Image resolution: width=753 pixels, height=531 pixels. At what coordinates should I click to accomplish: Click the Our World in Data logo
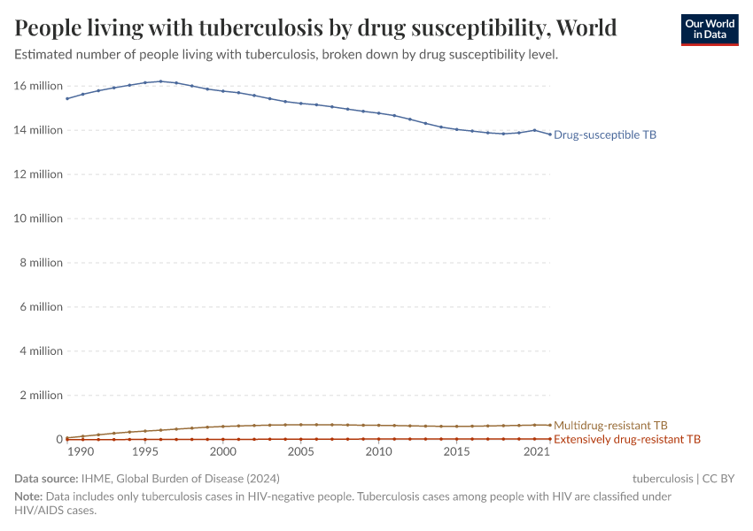pyautogui.click(x=709, y=29)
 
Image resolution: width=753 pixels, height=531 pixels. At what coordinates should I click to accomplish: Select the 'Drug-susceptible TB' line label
pyautogui.click(x=605, y=135)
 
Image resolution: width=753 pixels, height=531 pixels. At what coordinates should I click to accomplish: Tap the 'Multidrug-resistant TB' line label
pyautogui.click(x=610, y=426)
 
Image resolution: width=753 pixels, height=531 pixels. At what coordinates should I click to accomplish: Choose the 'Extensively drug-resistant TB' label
pyautogui.click(x=627, y=439)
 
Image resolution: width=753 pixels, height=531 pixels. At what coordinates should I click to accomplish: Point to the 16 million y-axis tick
pyautogui.click(x=39, y=86)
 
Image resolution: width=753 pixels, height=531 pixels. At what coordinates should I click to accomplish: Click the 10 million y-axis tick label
pyautogui.click(x=39, y=219)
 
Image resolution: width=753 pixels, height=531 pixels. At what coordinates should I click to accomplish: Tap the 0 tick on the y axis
pyautogui.click(x=59, y=440)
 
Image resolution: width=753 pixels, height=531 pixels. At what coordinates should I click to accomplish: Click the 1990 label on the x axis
pyautogui.click(x=81, y=452)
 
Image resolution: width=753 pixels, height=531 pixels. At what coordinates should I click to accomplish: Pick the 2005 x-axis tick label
pyautogui.click(x=300, y=452)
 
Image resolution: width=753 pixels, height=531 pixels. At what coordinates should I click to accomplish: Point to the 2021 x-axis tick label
pyautogui.click(x=534, y=452)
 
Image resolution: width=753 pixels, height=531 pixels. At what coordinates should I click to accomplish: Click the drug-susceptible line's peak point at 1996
pyautogui.click(x=160, y=81)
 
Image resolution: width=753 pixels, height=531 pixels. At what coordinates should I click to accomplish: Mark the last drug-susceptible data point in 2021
pyautogui.click(x=550, y=135)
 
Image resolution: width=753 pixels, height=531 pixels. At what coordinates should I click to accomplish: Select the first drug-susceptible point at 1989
pyautogui.click(x=67, y=98)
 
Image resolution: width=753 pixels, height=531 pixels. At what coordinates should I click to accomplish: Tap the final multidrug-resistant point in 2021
pyautogui.click(x=550, y=425)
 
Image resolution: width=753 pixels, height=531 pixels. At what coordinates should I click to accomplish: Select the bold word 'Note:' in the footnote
pyautogui.click(x=28, y=496)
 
